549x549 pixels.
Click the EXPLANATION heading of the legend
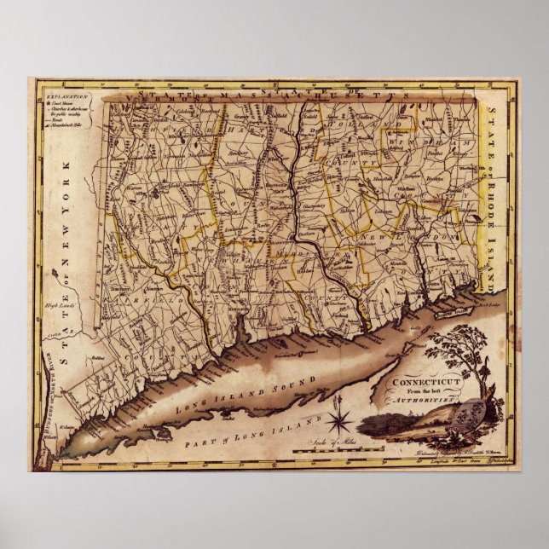[x=53, y=99]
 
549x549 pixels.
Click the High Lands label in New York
[x=53, y=304]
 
